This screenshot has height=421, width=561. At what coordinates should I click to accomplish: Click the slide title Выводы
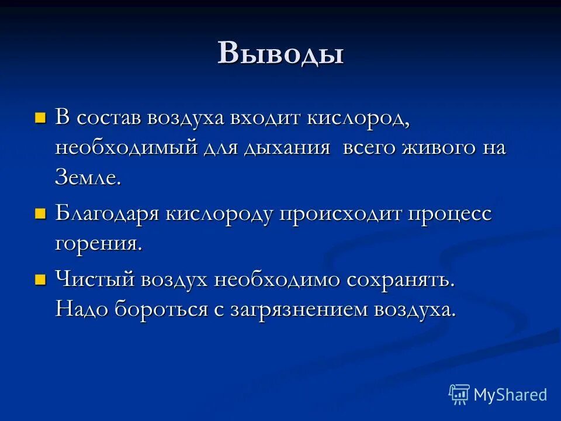pyautogui.click(x=280, y=53)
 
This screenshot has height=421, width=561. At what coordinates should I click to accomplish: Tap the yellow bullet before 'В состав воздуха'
pyautogui.click(x=40, y=118)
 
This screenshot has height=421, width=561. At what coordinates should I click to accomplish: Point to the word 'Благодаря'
pyautogui.click(x=106, y=214)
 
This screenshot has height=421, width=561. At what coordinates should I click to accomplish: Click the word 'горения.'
pyautogui.click(x=99, y=244)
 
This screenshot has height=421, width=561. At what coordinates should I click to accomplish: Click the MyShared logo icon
pyautogui.click(x=459, y=395)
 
